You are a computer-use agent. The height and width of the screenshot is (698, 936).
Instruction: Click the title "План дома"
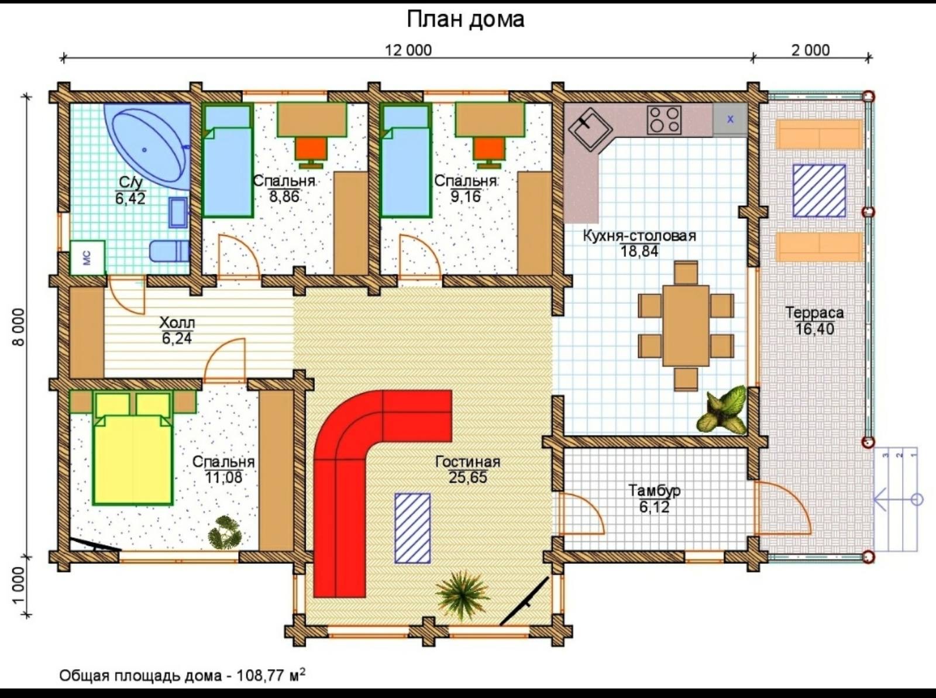coord(465,20)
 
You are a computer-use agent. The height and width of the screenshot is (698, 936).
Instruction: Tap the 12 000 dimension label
coord(408,50)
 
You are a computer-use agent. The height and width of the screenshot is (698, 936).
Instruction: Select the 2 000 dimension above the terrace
coord(811,50)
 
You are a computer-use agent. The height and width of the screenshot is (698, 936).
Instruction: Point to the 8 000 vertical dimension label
coord(20,327)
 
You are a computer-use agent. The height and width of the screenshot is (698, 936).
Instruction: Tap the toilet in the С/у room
coord(169,252)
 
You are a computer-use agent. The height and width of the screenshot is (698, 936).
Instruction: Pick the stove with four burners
coord(664,120)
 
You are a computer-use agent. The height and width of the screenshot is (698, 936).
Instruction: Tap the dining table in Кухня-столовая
coord(686,326)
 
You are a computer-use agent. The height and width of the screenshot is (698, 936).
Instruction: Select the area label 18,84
coord(639,252)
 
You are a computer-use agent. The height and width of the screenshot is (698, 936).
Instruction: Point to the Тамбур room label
coord(654,491)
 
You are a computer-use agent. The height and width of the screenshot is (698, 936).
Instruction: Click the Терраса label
coord(814,312)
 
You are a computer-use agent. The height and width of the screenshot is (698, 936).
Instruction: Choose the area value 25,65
coord(468,477)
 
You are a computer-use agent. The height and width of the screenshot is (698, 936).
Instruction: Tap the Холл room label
coord(177,322)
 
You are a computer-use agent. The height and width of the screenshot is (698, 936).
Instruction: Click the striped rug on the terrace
coord(819,191)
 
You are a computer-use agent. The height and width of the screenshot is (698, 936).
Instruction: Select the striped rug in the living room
coord(412,528)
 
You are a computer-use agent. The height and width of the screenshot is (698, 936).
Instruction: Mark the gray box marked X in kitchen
coord(730,120)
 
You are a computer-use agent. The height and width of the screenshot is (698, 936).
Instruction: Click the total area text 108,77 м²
coord(271,675)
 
